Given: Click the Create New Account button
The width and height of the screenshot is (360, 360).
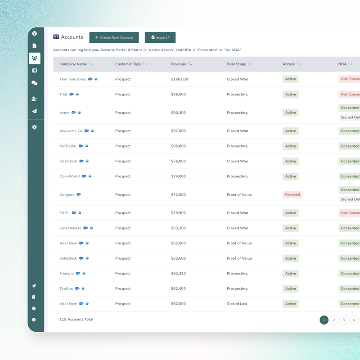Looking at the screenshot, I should pyautogui.click(x=114, y=37).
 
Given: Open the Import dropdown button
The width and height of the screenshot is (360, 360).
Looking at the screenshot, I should pyautogui.click(x=160, y=37).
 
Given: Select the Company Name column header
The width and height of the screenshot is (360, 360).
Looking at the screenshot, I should pyautogui.click(x=73, y=64).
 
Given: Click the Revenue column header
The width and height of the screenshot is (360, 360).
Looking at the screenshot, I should pyautogui.click(x=178, y=64).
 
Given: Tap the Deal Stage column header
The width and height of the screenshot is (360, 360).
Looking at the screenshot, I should pyautogui.click(x=236, y=64).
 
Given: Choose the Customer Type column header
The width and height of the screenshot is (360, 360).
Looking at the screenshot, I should pyautogui.click(x=128, y=64).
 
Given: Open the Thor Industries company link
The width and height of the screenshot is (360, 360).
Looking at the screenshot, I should pyautogui.click(x=72, y=79).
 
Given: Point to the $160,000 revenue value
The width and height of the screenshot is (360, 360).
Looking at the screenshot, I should pyautogui.click(x=180, y=79).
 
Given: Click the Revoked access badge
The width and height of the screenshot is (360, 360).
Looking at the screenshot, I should pyautogui.click(x=292, y=195).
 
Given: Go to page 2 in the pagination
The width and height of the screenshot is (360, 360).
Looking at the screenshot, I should pyautogui.click(x=334, y=320).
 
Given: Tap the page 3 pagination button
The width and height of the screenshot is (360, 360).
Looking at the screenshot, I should pyautogui.click(x=344, y=320).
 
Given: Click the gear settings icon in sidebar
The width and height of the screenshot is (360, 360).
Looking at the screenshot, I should pyautogui.click(x=35, y=127).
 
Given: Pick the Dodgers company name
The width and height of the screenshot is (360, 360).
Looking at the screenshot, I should pyautogui.click(x=67, y=195).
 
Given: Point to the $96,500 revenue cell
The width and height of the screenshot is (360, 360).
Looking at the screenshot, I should pyautogui.click(x=178, y=94).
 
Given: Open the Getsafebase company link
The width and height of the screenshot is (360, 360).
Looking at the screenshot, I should pyautogui.click(x=71, y=228).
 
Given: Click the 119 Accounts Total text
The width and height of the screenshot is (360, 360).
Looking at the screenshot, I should pyautogui.click(x=76, y=319).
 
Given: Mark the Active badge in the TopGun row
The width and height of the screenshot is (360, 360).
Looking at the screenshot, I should pyautogui.click(x=291, y=288).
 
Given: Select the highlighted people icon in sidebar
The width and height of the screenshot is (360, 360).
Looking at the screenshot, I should pyautogui.click(x=35, y=58).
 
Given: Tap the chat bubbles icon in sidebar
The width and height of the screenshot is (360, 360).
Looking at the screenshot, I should pyautogui.click(x=35, y=83).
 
